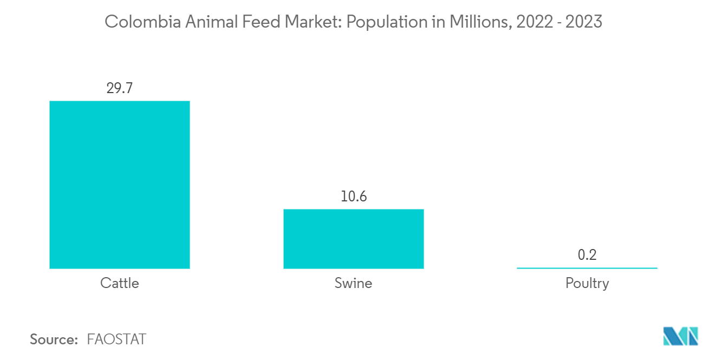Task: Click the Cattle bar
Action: pos(120,185)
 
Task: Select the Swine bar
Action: pos(353,239)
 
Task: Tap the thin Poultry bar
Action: pos(587,267)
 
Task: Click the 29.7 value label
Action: pos(120,88)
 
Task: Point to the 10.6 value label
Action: pos(353,197)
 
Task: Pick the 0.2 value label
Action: pos(587,254)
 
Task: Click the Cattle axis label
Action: pos(120,283)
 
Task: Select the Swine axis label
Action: pos(353,283)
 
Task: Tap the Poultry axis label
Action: pos(587,283)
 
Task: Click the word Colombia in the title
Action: pos(135,22)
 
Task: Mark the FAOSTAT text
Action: pos(116,339)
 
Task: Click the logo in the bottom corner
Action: pos(680,336)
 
